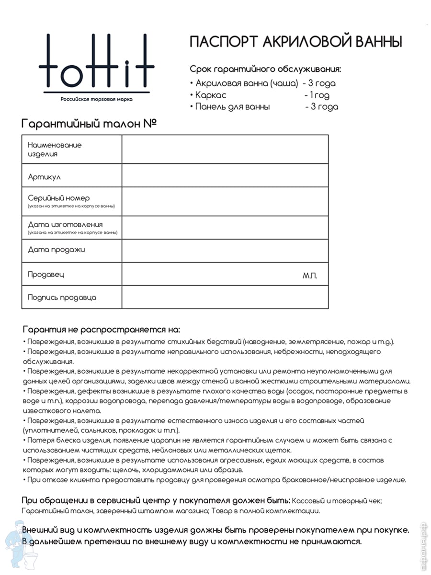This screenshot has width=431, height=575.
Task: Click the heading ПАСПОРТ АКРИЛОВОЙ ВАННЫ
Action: pos(295,42)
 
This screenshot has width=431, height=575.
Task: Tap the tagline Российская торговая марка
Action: pos(96,99)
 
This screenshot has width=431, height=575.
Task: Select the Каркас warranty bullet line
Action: pos(262,95)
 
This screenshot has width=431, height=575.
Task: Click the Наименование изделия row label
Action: pos(55,149)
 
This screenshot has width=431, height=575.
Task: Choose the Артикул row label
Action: pos(44,177)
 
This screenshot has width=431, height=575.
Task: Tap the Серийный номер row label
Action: pos(59,198)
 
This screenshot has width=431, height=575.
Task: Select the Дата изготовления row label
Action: pos(65,224)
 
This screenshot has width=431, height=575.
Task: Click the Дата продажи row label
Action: pos(57,250)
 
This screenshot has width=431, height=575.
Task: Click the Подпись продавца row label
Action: pos(62,297)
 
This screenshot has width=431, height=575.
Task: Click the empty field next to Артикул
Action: pos(225,175)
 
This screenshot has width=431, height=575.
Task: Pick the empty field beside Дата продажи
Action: pos(225,250)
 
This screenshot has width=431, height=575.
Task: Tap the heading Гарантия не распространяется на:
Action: pos(102,330)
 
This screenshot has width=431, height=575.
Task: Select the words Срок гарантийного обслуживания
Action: pos(265,69)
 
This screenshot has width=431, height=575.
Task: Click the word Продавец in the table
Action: pos(46,275)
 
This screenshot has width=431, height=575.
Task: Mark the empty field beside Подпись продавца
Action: pos(225,297)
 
